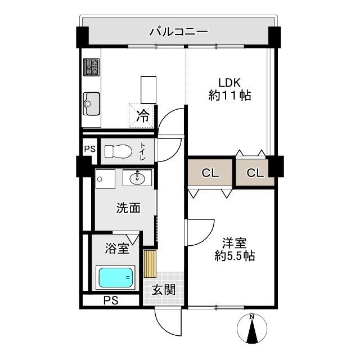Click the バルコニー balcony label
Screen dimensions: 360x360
pyautogui.click(x=178, y=31)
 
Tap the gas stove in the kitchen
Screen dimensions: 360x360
pyautogui.click(x=91, y=68)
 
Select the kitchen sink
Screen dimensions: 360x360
pyautogui.click(x=91, y=102)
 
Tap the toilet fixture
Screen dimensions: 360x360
pyautogui.click(x=118, y=151)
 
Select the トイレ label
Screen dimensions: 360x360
pyautogui.click(x=142, y=151)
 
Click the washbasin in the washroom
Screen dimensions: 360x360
pyautogui.click(x=137, y=178)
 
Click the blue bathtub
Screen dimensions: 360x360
pyautogui.click(x=116, y=277)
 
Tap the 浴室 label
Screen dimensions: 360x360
pyautogui.click(x=118, y=246)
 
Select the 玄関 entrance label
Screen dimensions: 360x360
pyautogui.click(x=163, y=290)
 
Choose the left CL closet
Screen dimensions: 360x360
pyautogui.click(x=210, y=173)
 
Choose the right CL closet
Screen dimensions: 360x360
pyautogui.click(x=255, y=173)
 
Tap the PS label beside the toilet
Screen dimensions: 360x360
pyautogui.click(x=89, y=149)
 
